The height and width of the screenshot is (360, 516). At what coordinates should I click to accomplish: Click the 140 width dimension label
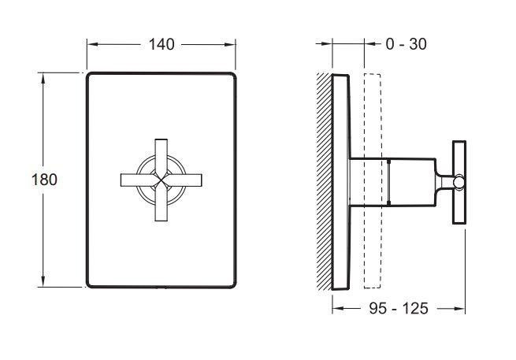(161, 44)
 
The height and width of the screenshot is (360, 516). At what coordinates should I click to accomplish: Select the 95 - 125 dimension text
(399, 308)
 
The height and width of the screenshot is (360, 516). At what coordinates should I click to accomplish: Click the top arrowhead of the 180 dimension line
(43, 77)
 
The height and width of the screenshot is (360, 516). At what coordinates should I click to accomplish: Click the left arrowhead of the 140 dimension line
(91, 44)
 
